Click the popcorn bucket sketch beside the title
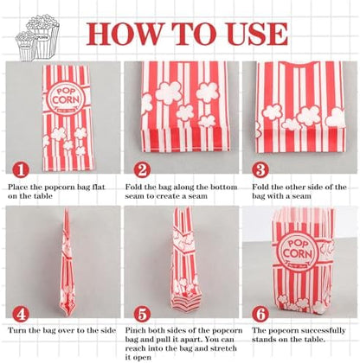pos(38,38)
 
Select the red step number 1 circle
pos(21,170)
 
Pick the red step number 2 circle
pos(142,170)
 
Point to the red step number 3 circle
pos(260,170)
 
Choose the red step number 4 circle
pos(21,314)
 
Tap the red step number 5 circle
pos(142,314)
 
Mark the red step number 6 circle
pos(260,314)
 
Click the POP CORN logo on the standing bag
pos(298,251)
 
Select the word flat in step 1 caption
pos(98,187)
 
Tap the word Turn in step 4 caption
pos(16,330)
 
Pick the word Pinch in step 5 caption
pos(135,330)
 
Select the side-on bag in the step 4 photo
pos(67,261)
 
